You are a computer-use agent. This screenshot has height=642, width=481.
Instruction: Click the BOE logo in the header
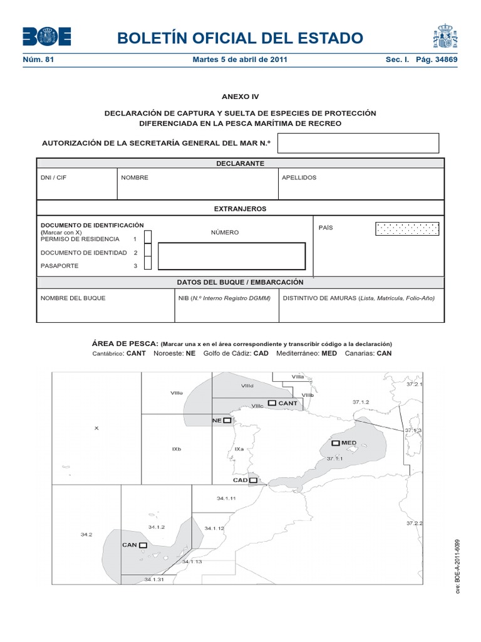click(47, 37)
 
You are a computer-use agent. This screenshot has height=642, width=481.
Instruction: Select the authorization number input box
click(358, 143)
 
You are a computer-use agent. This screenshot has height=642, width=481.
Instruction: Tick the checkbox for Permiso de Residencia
click(148, 236)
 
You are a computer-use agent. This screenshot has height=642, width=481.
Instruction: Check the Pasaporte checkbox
click(148, 265)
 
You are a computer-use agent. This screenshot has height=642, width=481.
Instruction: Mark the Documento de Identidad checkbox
click(148, 251)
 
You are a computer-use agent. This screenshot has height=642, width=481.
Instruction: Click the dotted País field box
click(407, 228)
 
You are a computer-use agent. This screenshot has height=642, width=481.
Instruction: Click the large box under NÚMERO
click(231, 256)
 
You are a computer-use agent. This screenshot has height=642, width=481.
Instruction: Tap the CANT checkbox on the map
click(272, 403)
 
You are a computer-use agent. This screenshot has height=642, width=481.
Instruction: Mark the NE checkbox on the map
click(227, 420)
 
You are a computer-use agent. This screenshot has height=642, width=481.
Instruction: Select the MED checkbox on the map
click(336, 443)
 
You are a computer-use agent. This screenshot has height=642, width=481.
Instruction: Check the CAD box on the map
click(252, 480)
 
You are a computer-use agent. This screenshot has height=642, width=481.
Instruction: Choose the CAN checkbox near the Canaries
click(143, 545)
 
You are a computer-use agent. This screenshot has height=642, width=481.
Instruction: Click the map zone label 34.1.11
click(225, 498)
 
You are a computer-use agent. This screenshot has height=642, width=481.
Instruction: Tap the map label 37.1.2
click(361, 401)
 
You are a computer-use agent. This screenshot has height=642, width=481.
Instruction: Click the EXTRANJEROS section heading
click(240, 208)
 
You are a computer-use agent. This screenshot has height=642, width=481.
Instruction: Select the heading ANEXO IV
click(240, 97)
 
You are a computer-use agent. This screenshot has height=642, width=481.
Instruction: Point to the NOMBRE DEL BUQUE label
click(73, 298)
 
